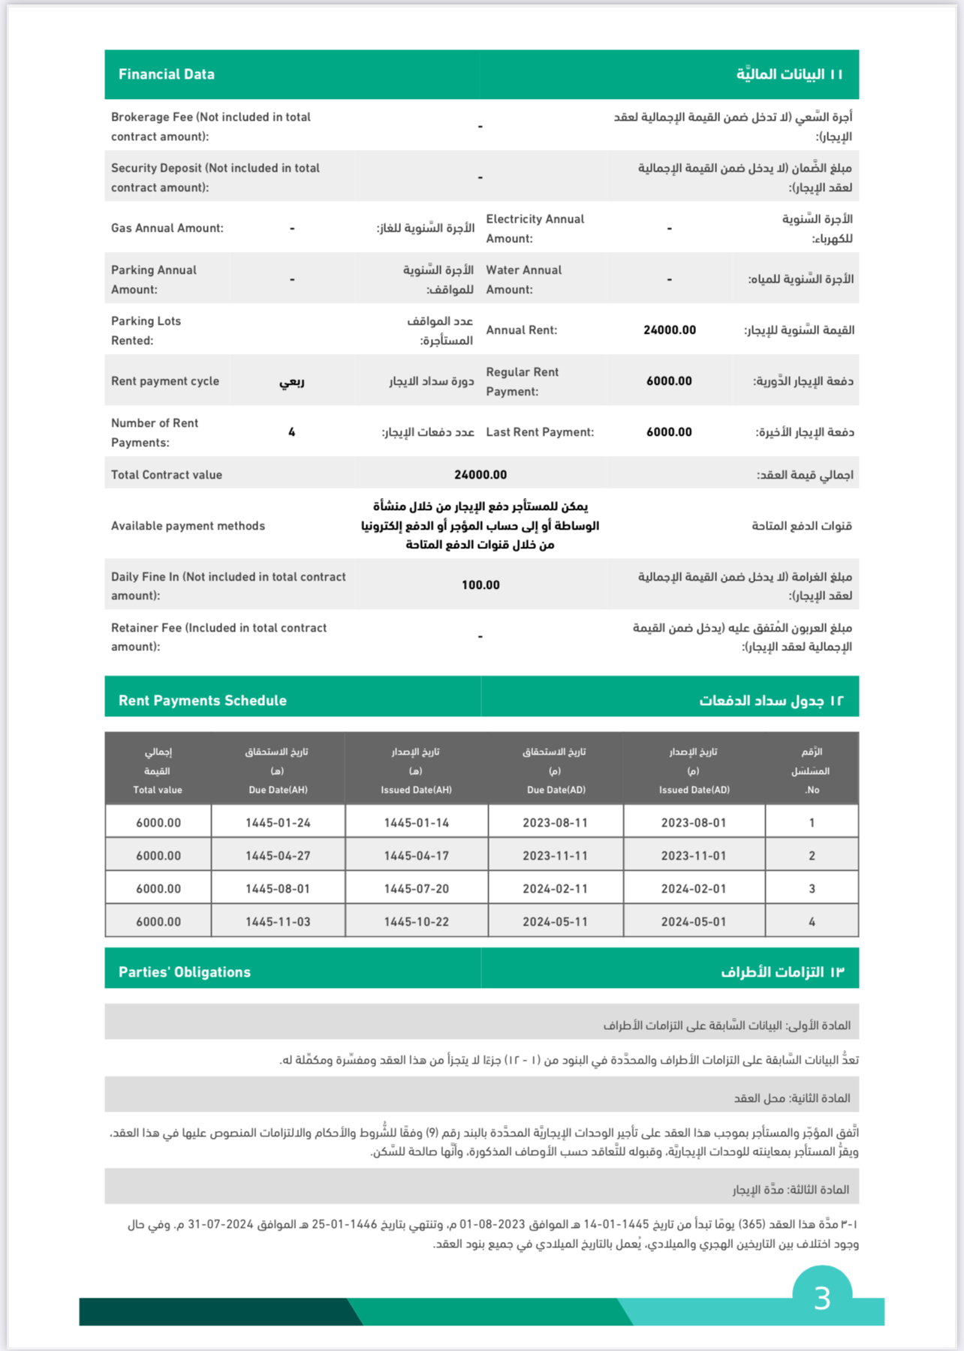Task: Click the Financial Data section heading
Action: click(x=166, y=74)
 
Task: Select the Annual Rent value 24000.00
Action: click(x=669, y=330)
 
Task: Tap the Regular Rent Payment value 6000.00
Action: click(x=669, y=381)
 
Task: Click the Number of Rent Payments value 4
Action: click(x=291, y=432)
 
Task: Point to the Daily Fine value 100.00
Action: click(x=480, y=585)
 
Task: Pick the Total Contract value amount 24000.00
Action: click(x=480, y=475)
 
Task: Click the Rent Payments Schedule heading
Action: click(x=202, y=701)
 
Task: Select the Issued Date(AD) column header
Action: click(x=694, y=790)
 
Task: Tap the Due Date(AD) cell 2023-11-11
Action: click(x=555, y=856)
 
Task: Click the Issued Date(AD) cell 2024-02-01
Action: click(x=693, y=889)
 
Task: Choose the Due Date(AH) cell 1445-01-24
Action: click(x=278, y=823)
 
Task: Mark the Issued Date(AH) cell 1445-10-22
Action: click(x=416, y=922)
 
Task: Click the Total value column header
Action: click(x=158, y=790)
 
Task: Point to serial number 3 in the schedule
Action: click(x=812, y=889)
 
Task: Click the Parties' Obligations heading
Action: click(x=184, y=972)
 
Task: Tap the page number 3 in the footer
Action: click(x=822, y=1298)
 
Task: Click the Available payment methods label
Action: click(x=188, y=526)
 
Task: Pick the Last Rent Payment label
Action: click(x=540, y=432)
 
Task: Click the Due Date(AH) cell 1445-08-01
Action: click(x=278, y=889)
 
